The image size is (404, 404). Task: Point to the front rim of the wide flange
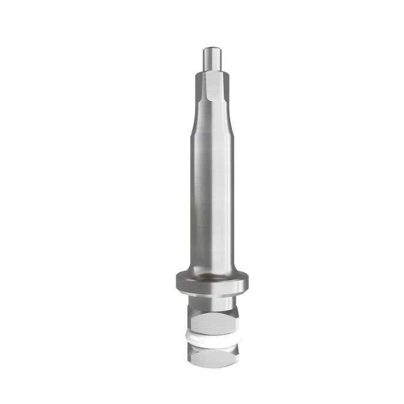point(211,287)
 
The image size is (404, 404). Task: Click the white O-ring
point(211,338)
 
